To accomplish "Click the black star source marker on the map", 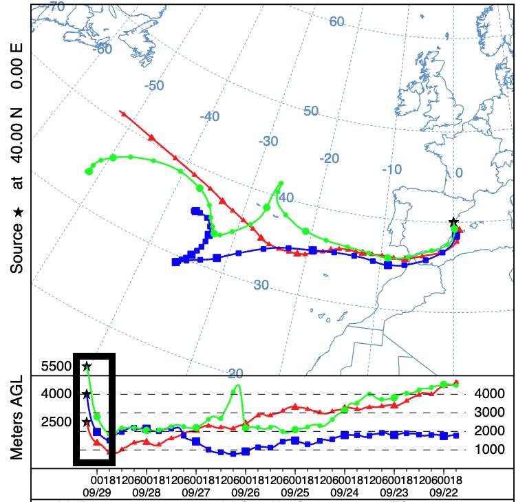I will click(x=453, y=221).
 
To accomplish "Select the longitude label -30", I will click(x=268, y=141).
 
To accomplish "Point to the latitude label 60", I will click(x=336, y=21).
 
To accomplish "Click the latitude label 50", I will click(x=311, y=111).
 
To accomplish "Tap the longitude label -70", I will click(x=55, y=7).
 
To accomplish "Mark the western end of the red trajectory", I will click(x=122, y=111).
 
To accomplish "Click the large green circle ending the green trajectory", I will click(x=89, y=171).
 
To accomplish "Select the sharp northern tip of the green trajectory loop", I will click(x=280, y=183).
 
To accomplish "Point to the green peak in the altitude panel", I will click(x=237, y=386).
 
